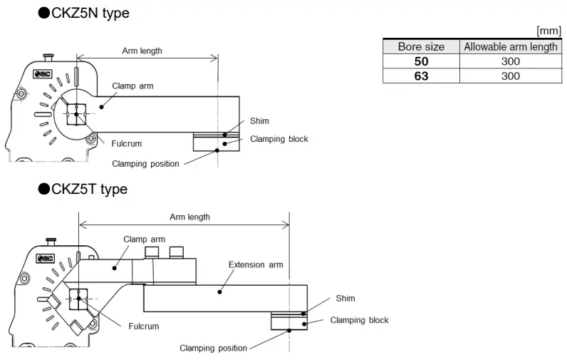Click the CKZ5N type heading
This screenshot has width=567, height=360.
coord(83,13)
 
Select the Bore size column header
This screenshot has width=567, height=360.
coord(421,46)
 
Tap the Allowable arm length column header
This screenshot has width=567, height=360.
coord(510,46)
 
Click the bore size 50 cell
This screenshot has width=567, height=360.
coord(421,61)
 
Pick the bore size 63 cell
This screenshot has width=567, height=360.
coord(421,76)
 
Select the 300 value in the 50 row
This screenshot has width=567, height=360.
coord(510,61)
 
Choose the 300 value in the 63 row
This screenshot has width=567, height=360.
coord(510,76)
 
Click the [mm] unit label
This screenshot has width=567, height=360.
coord(549,31)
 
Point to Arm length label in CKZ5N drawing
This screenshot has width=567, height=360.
coord(142,51)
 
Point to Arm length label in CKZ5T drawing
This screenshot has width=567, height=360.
coord(189,217)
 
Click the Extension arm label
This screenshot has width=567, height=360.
coord(255,264)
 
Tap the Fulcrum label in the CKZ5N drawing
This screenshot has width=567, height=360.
coord(126,143)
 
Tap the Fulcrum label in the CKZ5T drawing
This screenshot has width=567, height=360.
coord(143,326)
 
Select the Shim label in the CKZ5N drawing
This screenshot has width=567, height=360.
coord(259,121)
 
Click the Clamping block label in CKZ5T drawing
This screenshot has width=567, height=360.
coord(359,320)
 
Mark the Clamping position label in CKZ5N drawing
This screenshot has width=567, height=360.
coord(145,164)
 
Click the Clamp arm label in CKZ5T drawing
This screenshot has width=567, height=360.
coord(144,240)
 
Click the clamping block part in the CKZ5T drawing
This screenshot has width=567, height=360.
coord(288,323)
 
